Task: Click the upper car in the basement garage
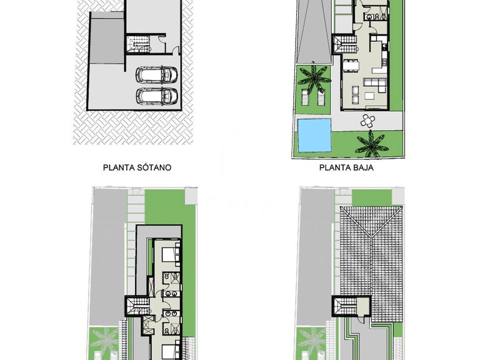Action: [157, 75]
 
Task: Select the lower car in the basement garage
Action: [157, 96]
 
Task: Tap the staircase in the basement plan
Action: [139, 44]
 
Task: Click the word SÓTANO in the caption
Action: [153, 167]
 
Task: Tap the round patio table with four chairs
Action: [367, 119]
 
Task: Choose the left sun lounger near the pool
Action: [306, 97]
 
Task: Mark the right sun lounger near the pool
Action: [321, 97]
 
